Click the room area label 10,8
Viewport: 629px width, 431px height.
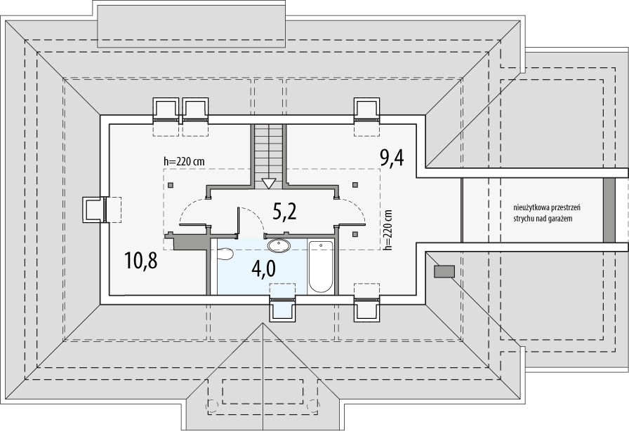click(140, 260)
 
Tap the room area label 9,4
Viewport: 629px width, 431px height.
click(392, 157)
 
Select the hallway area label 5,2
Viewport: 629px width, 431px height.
click(284, 211)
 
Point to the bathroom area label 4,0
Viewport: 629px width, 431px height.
click(263, 269)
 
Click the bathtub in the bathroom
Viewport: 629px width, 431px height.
click(321, 266)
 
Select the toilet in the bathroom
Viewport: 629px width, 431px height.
click(224, 254)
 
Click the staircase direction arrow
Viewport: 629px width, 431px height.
click(268, 184)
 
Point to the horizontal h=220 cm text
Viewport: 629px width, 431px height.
click(184, 161)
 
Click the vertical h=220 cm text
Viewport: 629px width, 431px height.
click(388, 230)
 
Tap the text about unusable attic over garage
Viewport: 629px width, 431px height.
click(547, 213)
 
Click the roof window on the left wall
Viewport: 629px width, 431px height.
click(95, 210)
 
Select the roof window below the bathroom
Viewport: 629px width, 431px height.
click(282, 308)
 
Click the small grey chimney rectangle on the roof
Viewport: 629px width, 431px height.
click(444, 271)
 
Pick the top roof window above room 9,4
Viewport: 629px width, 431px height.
click(366, 110)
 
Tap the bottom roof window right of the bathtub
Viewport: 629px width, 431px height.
click(366, 308)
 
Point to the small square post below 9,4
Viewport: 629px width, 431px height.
click(355, 234)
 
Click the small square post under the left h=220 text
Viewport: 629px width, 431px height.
click(171, 185)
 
